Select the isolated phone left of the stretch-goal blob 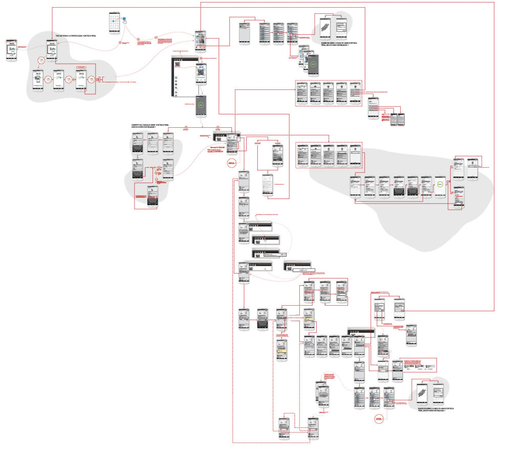click(x=12, y=50)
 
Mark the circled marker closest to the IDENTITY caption click(x=186, y=127)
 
